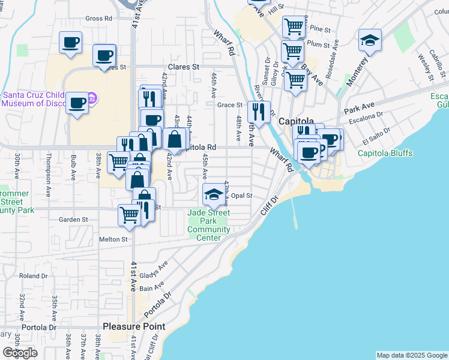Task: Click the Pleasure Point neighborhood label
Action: pos(134,326)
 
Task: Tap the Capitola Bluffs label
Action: pos(385,153)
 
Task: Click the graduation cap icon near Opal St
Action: pos(212,194)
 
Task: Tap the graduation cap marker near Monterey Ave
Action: pos(370,41)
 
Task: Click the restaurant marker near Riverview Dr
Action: pos(259,111)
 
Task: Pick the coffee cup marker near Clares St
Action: pos(104,55)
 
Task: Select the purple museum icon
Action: pos(92,97)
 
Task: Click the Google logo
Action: pos(20,353)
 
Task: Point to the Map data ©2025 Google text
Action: pos(412,355)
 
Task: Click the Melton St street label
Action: pos(113,239)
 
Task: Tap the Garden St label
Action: pos(73,220)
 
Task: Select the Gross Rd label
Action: pos(99,19)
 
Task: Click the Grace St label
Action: pos(229,105)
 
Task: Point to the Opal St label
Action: pos(241,196)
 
